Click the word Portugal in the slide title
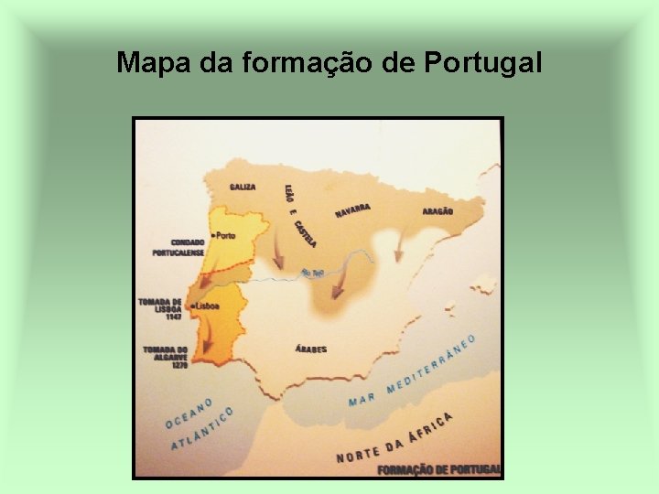click(483, 63)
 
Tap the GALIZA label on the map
click(243, 187)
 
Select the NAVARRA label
click(352, 210)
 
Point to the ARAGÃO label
click(438, 211)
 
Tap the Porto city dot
click(213, 236)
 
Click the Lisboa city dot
click(193, 306)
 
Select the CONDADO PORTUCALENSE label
click(178, 247)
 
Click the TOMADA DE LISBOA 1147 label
click(162, 308)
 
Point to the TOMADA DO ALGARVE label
click(165, 354)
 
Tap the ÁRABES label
click(311, 349)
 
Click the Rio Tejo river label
click(312, 273)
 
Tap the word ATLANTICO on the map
click(202, 430)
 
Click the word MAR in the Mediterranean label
click(362, 400)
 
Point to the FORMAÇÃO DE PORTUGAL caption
click(439, 469)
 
